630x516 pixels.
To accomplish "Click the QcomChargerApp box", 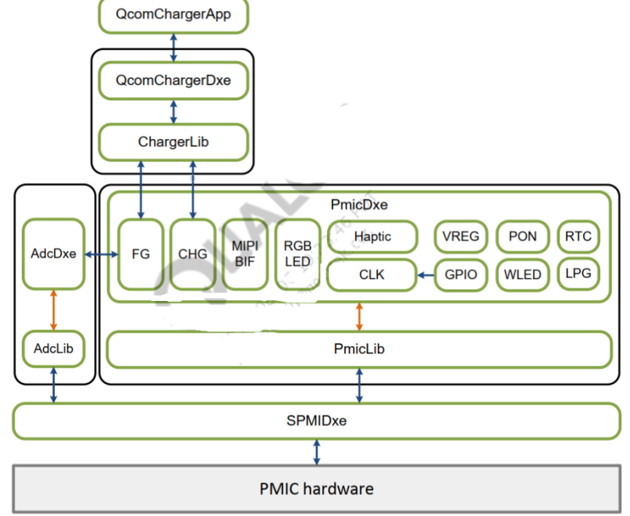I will (173, 15).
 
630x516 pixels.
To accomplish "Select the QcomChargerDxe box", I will (173, 81).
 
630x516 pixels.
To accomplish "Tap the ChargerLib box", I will (173, 142).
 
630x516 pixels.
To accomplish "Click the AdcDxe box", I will (53, 254).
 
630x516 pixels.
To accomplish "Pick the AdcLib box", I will (53, 349).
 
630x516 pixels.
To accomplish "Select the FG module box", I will (141, 254).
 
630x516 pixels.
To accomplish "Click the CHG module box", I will (192, 254).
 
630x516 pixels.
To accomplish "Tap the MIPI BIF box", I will (244, 254).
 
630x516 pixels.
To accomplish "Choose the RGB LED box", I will (297, 254).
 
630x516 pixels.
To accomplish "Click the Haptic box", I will (372, 236).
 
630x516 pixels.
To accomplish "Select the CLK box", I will (372, 275).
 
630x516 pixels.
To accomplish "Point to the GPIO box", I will (461, 274).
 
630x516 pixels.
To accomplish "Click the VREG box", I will (461, 236).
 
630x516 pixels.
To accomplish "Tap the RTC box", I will (578, 236).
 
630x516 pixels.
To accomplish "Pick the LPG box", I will (578, 274).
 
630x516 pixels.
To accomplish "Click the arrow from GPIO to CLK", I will (426, 275).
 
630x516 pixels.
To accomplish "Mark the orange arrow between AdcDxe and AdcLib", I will (53, 309).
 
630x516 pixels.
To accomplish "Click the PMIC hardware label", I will (316, 489).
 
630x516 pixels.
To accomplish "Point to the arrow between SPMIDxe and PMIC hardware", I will (316, 452).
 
